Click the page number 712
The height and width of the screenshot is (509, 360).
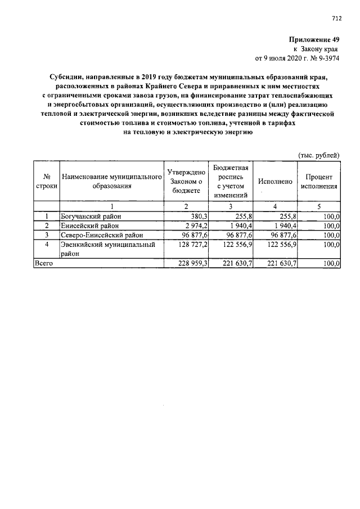tap(336, 18)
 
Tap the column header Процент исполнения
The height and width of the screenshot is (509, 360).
tap(318, 181)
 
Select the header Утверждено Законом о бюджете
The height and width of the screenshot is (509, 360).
tap(185, 181)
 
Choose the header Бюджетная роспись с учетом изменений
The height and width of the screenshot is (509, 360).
tap(230, 181)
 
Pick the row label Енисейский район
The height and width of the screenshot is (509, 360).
tap(87, 225)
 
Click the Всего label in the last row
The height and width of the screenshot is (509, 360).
tap(44, 263)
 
